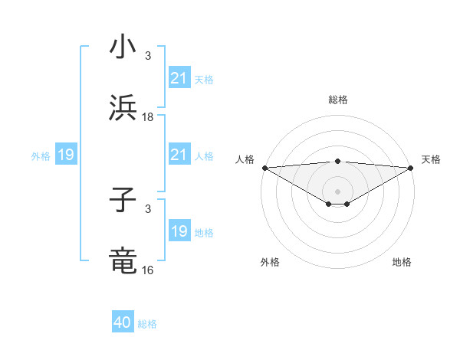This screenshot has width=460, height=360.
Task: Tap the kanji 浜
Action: (123, 107)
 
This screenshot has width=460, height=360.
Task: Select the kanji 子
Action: (123, 201)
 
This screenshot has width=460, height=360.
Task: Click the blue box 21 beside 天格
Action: (179, 78)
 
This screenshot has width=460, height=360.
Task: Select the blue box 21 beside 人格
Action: (179, 155)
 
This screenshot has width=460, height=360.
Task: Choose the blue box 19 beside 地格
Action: (179, 231)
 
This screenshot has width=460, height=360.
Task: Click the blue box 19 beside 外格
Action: (66, 155)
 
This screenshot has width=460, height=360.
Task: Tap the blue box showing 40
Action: (123, 322)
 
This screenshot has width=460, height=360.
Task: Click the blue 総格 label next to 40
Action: (147, 324)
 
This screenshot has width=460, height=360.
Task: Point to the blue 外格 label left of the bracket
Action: (41, 156)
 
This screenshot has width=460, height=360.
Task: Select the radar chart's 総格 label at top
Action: (337, 100)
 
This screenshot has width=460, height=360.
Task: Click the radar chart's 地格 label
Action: (402, 262)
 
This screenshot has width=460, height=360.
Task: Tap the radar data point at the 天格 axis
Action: (411, 168)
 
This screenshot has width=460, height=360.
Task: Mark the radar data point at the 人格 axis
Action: (264, 168)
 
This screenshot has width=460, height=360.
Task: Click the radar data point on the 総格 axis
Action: (337, 161)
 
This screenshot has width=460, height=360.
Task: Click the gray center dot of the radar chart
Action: (337, 191)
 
